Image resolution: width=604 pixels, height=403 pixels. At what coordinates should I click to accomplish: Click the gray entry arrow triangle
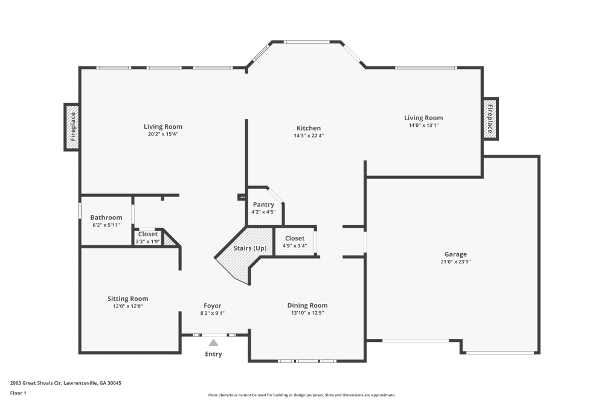213,343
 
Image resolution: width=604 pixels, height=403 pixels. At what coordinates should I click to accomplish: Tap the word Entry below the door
213,354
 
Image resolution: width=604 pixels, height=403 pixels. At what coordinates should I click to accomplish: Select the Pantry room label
263,205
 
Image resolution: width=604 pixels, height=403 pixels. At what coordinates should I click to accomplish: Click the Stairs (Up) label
250,248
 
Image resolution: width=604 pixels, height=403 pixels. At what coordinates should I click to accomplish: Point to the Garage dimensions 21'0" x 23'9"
455,262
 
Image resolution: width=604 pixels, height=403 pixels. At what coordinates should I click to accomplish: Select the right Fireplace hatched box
490,118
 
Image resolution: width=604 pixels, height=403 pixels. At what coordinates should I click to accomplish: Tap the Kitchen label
309,128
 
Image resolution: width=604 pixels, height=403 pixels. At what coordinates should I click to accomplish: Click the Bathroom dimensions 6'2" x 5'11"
106,225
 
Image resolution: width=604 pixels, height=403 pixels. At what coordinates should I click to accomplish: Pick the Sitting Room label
128,298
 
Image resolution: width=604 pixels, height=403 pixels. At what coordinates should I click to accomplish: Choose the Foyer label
212,306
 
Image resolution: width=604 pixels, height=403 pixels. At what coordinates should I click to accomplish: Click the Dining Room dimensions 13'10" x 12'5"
307,313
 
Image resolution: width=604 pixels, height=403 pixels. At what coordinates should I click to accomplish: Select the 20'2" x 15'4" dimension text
163,134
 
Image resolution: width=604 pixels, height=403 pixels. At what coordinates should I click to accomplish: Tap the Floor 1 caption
18,393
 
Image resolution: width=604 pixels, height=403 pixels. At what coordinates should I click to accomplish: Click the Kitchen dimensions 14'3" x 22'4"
309,135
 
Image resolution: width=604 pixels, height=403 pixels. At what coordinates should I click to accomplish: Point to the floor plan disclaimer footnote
302,395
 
